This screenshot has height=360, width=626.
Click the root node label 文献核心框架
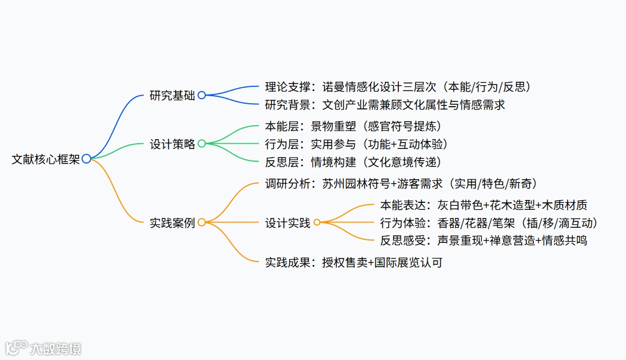[x=45, y=159]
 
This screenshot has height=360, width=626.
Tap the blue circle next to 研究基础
[x=202, y=95]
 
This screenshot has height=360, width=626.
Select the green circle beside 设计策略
[x=202, y=143]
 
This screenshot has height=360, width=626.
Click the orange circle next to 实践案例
[x=202, y=222]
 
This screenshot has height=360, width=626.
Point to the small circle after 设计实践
[x=317, y=222]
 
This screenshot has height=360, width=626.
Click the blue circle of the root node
[x=86, y=159]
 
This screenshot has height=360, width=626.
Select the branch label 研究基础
[x=172, y=96]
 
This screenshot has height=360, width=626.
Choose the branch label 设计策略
[x=172, y=144]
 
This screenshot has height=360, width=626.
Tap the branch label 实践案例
[x=172, y=223]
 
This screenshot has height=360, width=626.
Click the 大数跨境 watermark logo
[x=43, y=348]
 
